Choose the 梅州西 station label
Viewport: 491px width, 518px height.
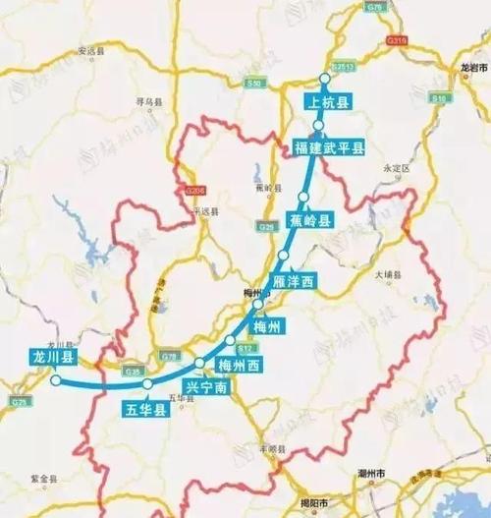(242, 367)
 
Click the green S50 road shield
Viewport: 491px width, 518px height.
(255, 84)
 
